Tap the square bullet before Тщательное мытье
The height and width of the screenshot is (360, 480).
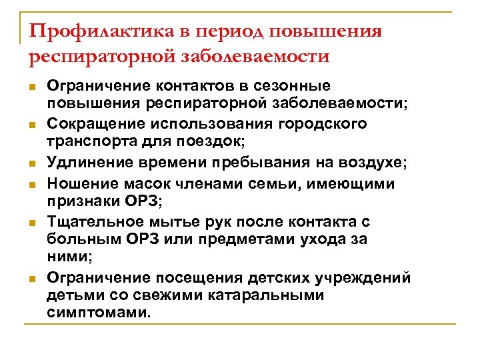point(31,221)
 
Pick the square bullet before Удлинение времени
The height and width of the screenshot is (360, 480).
point(31,163)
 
